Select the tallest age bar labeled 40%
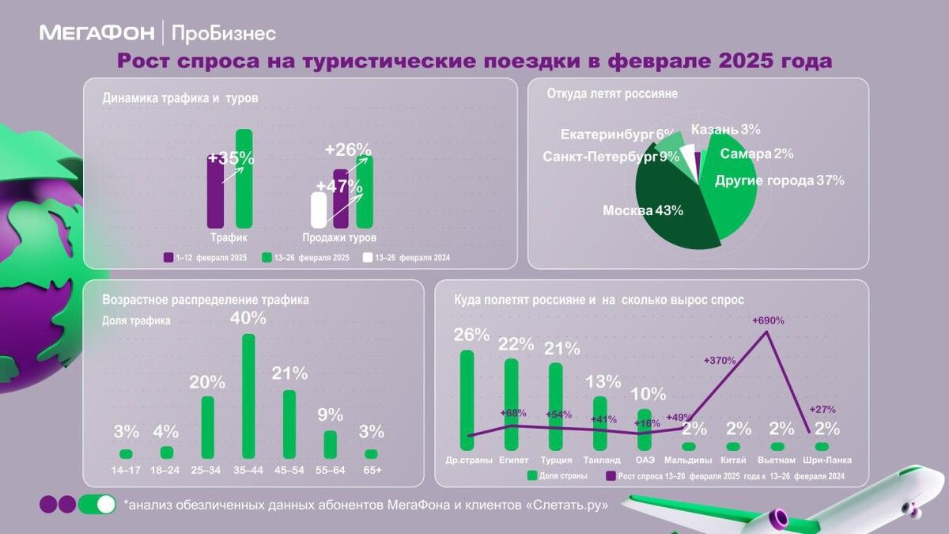point(248,396)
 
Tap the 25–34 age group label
point(207,470)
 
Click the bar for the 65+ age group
point(371,454)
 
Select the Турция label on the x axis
point(556,460)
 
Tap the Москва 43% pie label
point(642,210)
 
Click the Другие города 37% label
point(779,180)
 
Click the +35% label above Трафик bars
point(231,158)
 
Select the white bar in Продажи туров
point(319,210)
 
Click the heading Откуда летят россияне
point(612,93)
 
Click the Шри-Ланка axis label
point(822,460)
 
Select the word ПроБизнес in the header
point(223,33)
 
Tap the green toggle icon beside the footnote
point(96,504)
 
